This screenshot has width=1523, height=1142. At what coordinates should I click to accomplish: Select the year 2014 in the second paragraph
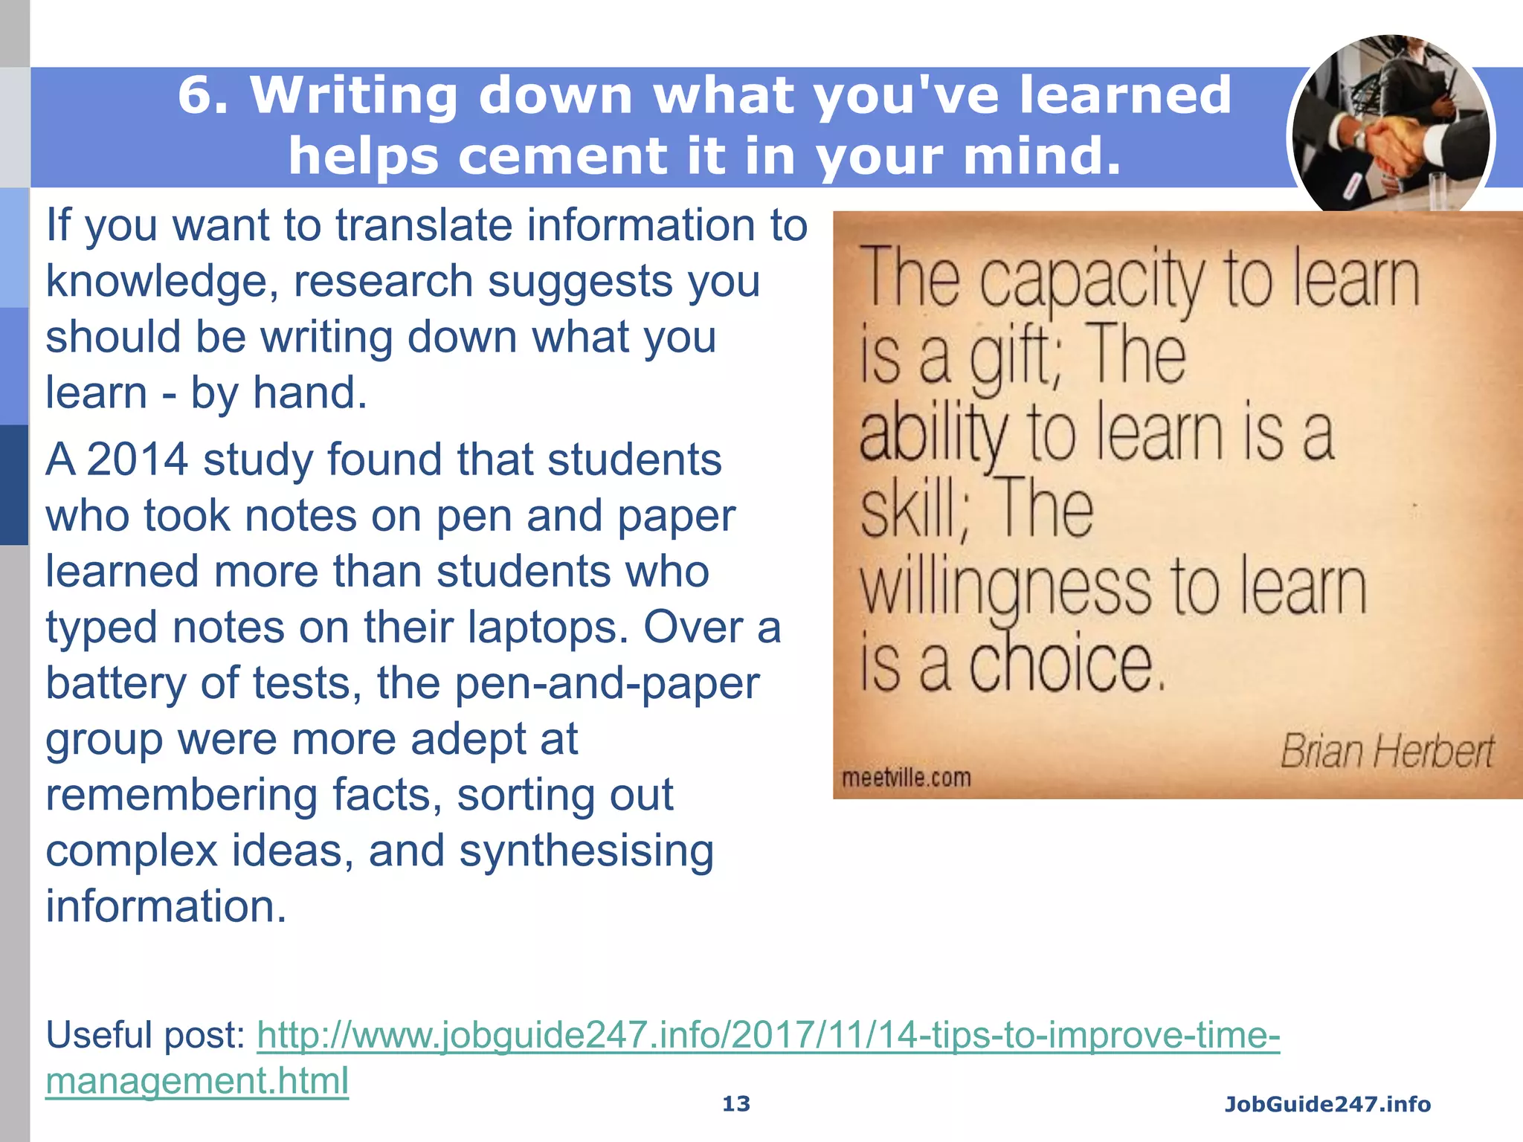[x=138, y=459]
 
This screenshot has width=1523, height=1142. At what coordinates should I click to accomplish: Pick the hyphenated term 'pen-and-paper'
[x=607, y=683]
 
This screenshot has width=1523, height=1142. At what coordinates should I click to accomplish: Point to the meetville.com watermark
[x=906, y=778]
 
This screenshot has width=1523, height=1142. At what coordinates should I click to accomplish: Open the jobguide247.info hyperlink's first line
[x=768, y=1035]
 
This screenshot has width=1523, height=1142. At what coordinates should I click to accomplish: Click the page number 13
[x=736, y=1104]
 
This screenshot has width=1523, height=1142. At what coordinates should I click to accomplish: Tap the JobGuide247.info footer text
[x=1327, y=1104]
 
